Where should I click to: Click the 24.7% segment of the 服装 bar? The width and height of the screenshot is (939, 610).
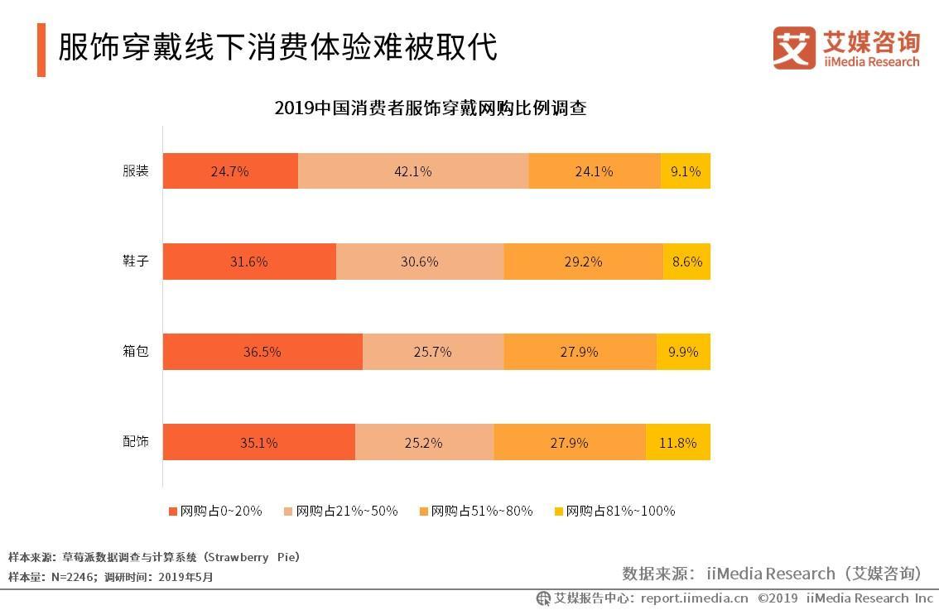coord(230,171)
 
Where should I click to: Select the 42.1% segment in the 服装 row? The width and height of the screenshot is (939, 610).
coord(413,171)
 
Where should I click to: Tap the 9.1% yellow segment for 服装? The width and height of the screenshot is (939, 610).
coord(686,171)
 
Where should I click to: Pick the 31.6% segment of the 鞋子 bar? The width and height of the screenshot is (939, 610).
coord(249,262)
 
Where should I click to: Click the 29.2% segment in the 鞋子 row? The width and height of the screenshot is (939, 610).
coord(583,262)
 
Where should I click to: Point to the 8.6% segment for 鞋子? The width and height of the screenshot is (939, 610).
coord(686,262)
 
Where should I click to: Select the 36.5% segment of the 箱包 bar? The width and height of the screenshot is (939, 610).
coord(262,352)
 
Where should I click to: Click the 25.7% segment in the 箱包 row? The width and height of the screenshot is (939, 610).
coord(433,352)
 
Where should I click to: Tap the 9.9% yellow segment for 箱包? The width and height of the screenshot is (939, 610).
coord(683,352)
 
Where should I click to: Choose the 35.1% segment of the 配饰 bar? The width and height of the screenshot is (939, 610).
coord(258,443)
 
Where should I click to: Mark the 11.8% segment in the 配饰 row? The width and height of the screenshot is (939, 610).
coord(677,443)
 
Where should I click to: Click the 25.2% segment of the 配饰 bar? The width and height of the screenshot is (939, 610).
coord(424,443)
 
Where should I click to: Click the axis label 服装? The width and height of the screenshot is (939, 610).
coord(136,171)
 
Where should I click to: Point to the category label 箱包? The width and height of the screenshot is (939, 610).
coord(136,351)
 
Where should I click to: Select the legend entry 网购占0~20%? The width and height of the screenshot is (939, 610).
coord(215,511)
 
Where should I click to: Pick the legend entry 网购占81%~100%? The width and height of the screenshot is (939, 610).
coord(614,511)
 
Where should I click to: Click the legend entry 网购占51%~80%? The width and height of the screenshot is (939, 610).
coord(476,511)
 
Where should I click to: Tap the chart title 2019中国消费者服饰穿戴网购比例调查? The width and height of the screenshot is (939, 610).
coord(431,108)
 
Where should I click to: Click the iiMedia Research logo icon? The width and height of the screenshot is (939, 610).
coord(793,48)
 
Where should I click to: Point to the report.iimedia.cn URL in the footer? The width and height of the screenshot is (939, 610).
coord(694,598)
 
